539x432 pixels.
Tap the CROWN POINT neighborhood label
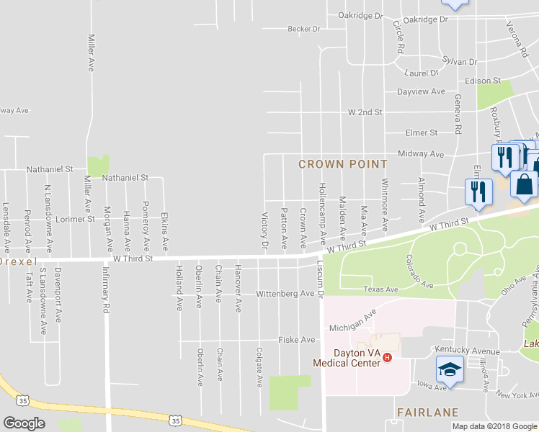tap(344, 164)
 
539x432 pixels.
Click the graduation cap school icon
tap(449, 369)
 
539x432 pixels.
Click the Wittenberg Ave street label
tap(285, 294)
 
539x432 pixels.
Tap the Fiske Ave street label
tap(297, 340)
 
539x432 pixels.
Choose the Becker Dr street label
tap(303, 29)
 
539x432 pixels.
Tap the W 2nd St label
tap(365, 113)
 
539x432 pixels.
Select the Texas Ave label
tap(380, 289)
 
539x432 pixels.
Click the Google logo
tap(24, 423)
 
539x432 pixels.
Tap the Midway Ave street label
tap(421, 154)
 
